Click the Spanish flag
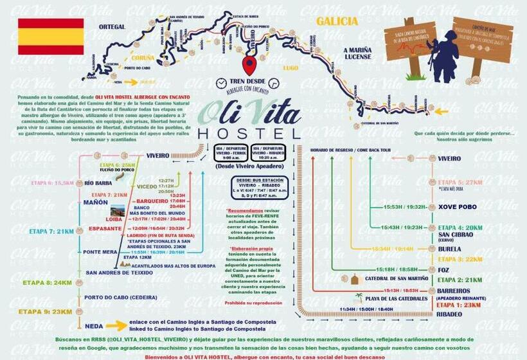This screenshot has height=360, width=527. (x=51, y=37)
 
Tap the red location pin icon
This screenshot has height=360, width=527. (x=249, y=65)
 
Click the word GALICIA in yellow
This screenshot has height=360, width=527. (x=337, y=21)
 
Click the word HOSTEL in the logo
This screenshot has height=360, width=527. (x=249, y=133)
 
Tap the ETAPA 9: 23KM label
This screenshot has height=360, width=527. (x=48, y=312)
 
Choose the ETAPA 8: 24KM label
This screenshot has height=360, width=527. (x=48, y=282)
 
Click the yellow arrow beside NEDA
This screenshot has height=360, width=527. (x=117, y=325)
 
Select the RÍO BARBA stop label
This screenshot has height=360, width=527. (x=99, y=183)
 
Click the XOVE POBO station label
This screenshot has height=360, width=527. (x=458, y=207)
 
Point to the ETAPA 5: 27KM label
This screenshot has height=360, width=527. (x=460, y=182)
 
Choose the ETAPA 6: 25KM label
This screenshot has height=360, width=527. (x=117, y=165)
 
